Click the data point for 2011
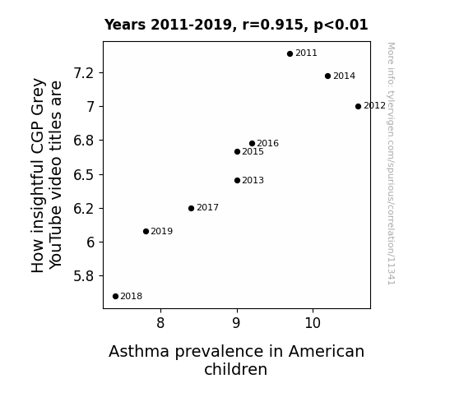click(290, 54)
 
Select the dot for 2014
click(328, 76)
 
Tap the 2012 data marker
click(358, 106)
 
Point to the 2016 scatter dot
click(253, 144)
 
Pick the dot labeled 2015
click(238, 152)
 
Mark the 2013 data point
click(238, 181)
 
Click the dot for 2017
click(191, 208)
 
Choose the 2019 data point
click(146, 232)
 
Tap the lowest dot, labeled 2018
click(115, 297)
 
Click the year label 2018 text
click(132, 297)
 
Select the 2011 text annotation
click(306, 53)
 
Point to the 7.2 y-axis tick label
click(84, 73)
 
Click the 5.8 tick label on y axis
click(84, 276)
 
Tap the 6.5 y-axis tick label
click(84, 175)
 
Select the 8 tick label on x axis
click(160, 323)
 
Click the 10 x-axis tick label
click(313, 323)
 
